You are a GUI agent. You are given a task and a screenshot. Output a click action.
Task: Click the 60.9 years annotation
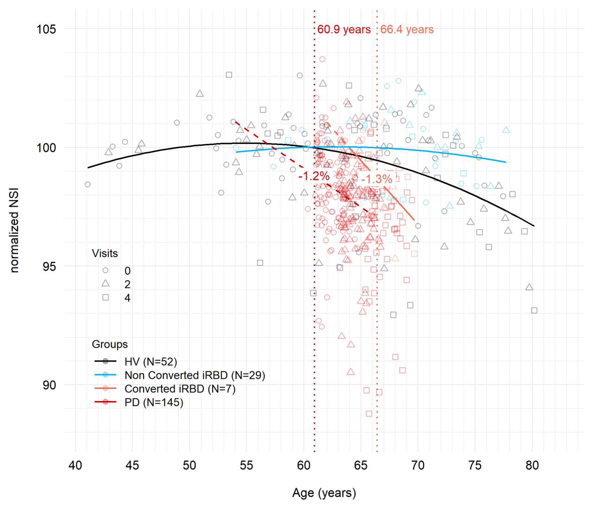tap(344, 30)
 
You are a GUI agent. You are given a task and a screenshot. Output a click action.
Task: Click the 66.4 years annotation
tap(407, 30)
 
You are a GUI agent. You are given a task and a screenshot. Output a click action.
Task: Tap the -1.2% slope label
tap(314, 176)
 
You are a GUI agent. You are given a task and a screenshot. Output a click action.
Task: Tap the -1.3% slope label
tap(377, 179)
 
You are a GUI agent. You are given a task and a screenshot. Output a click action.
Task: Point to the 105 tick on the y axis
tap(46, 29)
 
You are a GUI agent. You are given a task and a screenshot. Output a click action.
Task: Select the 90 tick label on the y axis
tap(50, 385)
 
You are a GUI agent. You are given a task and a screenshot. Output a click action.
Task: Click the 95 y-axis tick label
tap(50, 266)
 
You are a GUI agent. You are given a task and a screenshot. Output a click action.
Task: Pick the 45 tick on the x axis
tap(132, 465)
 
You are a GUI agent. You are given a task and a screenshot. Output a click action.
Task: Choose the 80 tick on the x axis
tap(532, 465)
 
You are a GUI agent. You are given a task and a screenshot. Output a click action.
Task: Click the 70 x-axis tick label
tap(418, 465)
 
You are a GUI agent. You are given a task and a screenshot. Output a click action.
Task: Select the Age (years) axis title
tap(324, 493)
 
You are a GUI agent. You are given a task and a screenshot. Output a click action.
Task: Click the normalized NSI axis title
tap(14, 230)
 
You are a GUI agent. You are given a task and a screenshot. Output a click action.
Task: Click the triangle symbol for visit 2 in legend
tap(106, 283)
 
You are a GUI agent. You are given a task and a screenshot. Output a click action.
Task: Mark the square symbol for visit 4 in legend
tap(106, 297)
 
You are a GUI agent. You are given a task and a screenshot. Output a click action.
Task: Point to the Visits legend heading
tap(105, 253)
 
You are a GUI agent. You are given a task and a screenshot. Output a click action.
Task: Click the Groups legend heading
tap(110, 344)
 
